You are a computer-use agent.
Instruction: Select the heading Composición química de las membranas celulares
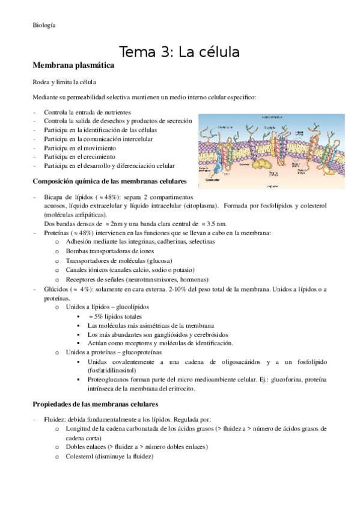pyautogui.click(x=109, y=181)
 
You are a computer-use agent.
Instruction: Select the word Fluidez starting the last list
pyautogui.click(x=55, y=419)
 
